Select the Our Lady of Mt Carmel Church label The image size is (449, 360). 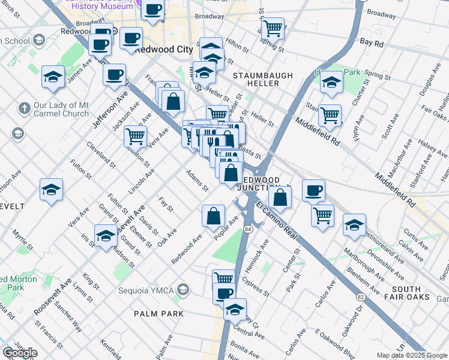61,109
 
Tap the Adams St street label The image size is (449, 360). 197,181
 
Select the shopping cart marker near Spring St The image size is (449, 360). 273,28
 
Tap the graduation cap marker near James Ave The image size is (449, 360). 53,77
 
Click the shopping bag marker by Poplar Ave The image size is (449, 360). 213,217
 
